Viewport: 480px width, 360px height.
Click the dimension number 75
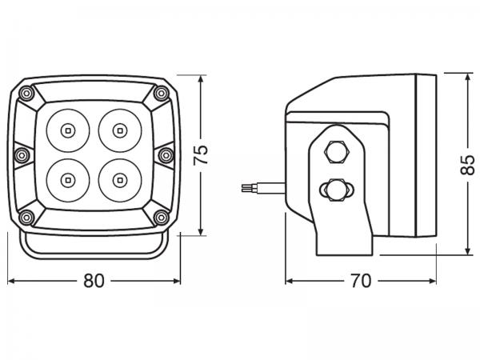click(x=202, y=152)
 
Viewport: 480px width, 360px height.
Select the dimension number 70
click(x=361, y=281)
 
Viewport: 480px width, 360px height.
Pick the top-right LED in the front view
click(x=120, y=128)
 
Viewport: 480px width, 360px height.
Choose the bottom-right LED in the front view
click(x=120, y=178)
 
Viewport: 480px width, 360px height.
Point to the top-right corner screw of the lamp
click(x=159, y=93)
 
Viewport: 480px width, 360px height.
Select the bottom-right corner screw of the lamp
click(x=161, y=216)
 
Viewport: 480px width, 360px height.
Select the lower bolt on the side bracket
click(x=335, y=190)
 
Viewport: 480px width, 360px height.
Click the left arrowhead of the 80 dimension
click(x=10, y=281)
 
